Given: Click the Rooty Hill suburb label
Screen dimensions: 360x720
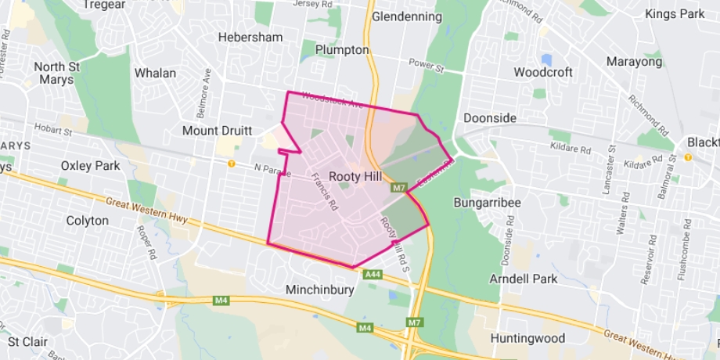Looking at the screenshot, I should coord(357,177).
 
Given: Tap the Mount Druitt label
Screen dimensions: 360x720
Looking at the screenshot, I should coord(215,130).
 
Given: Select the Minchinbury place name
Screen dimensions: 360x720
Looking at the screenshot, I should coord(320,290).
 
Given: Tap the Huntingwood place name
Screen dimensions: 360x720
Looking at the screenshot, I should coord(527,339).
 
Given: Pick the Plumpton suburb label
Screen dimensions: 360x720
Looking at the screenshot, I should coord(341,49).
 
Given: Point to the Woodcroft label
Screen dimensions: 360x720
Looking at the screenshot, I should coord(543,72).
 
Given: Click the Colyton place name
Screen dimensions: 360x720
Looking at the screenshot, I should coord(87,221).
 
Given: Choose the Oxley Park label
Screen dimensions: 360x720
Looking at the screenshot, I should coord(91,165).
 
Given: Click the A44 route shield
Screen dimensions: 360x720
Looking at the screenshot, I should coord(373,274).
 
